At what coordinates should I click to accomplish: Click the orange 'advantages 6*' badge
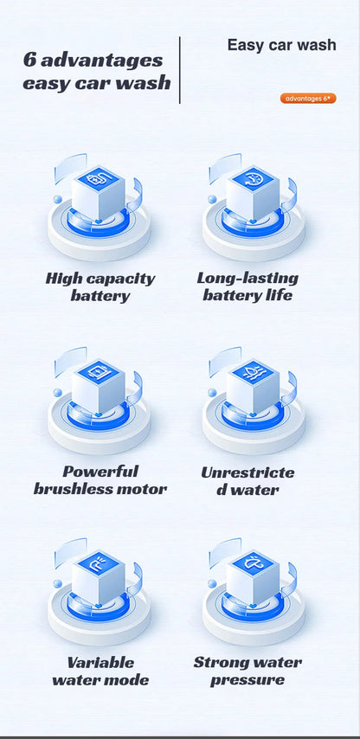pos(308,99)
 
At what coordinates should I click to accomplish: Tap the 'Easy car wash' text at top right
pos(282,45)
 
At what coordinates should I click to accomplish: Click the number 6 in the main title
pos(29,61)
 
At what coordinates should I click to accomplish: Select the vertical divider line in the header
pos(179,70)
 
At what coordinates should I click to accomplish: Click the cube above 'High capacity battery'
pos(99,192)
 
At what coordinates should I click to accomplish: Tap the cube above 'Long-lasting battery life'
pos(253,192)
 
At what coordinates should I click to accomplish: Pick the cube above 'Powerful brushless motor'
pos(99,386)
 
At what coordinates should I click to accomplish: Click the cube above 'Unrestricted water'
pos(253,386)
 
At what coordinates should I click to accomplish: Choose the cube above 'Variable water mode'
pos(99,577)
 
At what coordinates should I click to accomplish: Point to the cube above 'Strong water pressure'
pos(253,577)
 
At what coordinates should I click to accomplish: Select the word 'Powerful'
pos(101,472)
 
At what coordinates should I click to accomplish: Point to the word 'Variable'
pos(100,663)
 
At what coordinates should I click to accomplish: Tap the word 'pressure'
pos(247,680)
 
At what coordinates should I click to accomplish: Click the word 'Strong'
pos(219,663)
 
